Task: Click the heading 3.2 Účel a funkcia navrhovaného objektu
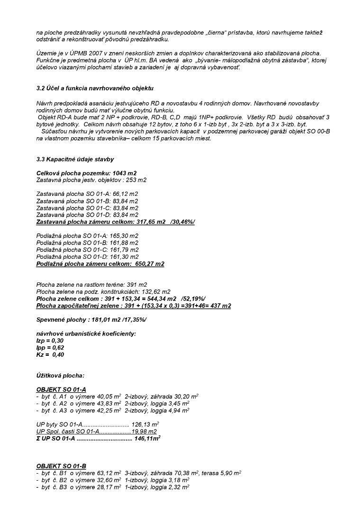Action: pos(95,88)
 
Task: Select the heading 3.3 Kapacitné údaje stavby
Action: pos(75,159)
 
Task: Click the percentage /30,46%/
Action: pos(182,221)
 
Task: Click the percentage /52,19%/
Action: pos(193,299)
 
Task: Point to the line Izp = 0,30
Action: pos(50,341)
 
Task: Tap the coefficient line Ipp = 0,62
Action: pos(50,347)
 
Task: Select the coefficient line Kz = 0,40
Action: pos(50,354)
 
